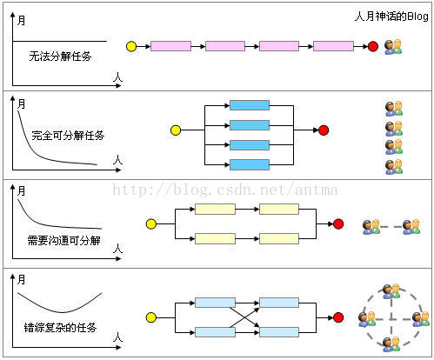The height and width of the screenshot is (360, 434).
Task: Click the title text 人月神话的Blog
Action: tap(391, 17)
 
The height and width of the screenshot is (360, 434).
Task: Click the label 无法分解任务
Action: tap(60, 56)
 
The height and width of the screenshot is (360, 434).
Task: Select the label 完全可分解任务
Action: tap(68, 135)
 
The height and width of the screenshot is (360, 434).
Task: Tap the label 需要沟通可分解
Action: tap(63, 240)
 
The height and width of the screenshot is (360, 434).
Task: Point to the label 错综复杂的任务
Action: tap(60, 328)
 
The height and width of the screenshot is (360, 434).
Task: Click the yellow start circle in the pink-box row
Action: tap(131, 46)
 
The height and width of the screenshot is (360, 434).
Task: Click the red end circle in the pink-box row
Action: tap(373, 46)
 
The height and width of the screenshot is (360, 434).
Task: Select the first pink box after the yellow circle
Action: tap(170, 46)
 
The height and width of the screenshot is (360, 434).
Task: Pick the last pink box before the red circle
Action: tap(333, 46)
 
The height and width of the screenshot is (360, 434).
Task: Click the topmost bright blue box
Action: tap(250, 105)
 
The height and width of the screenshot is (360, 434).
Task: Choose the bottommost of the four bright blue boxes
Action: tap(250, 164)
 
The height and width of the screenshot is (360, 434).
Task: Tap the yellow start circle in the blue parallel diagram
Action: tap(176, 130)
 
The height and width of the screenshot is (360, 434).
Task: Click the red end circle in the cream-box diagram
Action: tap(338, 223)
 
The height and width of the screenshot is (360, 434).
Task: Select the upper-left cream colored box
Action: tap(215, 209)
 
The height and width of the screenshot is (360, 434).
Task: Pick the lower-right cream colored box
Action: tap(279, 238)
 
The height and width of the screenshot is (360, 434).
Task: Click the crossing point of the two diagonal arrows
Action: tap(245, 317)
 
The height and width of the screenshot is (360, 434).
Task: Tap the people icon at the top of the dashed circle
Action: tap(391, 291)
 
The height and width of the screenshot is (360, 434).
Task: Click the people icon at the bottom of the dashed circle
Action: tap(391, 344)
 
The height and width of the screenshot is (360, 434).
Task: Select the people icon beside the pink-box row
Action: tap(393, 47)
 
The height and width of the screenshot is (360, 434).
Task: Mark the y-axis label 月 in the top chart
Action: tap(21, 21)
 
